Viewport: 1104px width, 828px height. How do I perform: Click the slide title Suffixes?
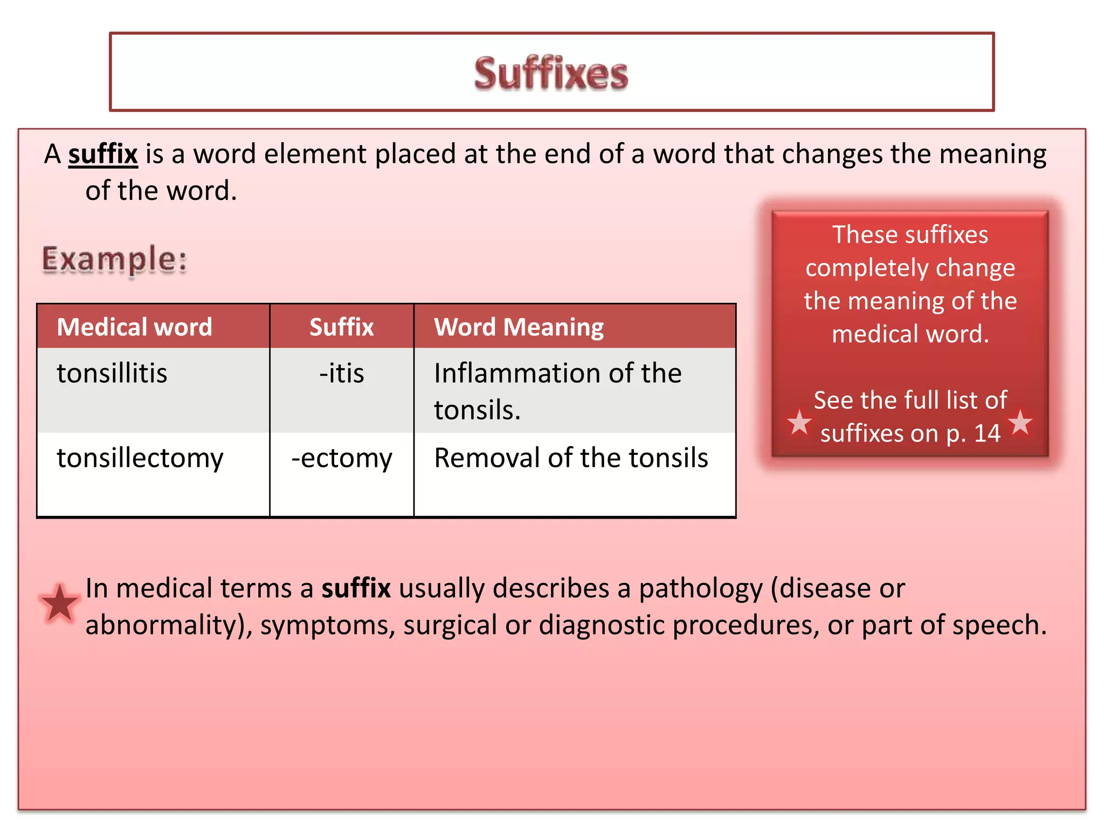551,73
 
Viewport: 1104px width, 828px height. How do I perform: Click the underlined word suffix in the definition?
103,154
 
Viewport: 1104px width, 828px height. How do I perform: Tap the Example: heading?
115,259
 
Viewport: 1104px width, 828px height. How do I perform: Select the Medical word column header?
135,327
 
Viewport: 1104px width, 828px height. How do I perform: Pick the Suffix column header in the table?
341,327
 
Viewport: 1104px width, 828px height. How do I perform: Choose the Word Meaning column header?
519,327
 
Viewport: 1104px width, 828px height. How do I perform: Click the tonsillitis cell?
112,374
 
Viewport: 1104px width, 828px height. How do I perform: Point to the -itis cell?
341,374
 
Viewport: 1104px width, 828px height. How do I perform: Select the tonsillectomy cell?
140,458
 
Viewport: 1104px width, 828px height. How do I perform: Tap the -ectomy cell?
341,458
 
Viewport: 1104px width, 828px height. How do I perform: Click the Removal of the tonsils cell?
571,458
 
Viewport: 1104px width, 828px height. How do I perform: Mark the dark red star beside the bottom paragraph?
59,603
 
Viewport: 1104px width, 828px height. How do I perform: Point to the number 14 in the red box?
987,433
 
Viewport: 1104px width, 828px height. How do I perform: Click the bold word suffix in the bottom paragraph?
356,588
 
